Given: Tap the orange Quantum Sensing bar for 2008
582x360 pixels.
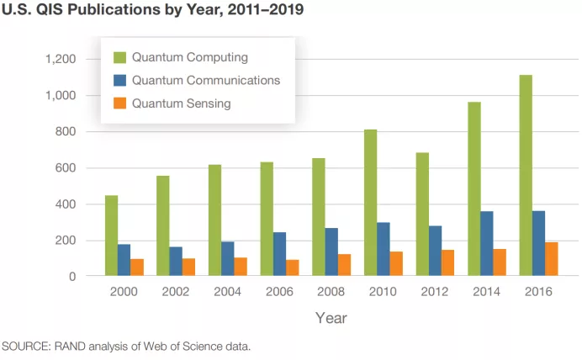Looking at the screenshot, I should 344,265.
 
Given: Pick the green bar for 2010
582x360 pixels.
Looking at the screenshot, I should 370,203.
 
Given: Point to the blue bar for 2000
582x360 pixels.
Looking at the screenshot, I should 124,260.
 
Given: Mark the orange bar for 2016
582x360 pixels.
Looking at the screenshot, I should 551,259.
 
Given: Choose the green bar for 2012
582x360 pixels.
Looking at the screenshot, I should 422,214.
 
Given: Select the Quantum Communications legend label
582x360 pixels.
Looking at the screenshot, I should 205,81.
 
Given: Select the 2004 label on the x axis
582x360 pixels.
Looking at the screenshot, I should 227,292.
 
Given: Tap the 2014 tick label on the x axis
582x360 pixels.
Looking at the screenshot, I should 486,292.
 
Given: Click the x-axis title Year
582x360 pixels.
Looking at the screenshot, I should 331,318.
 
